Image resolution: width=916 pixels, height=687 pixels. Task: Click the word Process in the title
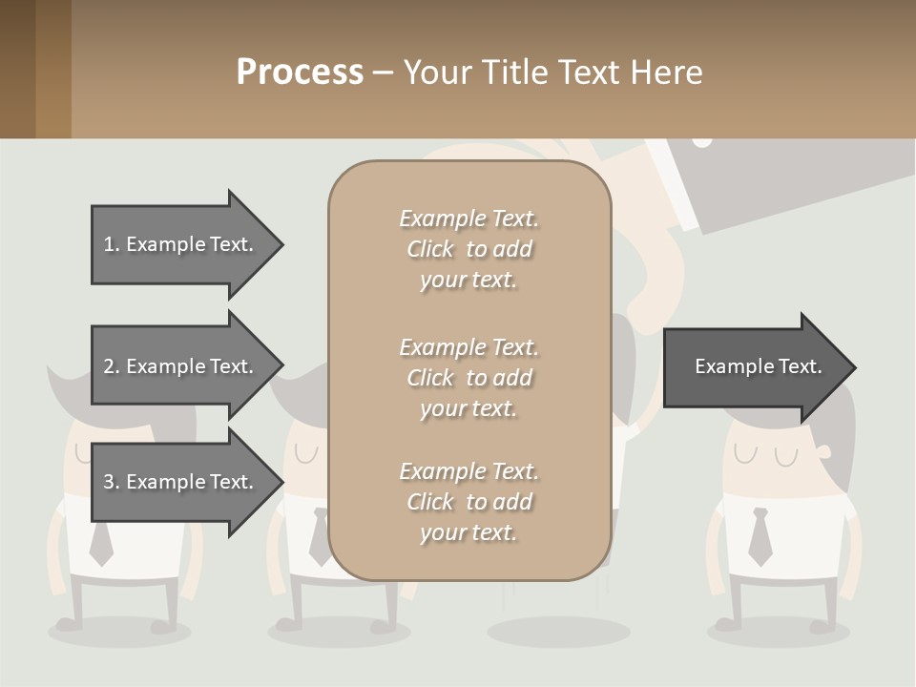click(300, 73)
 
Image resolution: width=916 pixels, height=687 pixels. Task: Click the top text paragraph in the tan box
click(468, 249)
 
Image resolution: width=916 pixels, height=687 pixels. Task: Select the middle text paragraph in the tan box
click(468, 378)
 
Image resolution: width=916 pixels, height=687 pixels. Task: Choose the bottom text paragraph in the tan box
click(468, 502)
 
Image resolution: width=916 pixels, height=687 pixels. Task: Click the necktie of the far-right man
click(760, 536)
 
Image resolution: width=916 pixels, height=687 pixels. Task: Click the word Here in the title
click(670, 73)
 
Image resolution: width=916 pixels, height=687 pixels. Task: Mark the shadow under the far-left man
click(119, 632)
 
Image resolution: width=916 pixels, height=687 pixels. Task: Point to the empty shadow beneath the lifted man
click(558, 632)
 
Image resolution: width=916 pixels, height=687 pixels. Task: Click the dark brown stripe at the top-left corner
click(17, 69)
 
